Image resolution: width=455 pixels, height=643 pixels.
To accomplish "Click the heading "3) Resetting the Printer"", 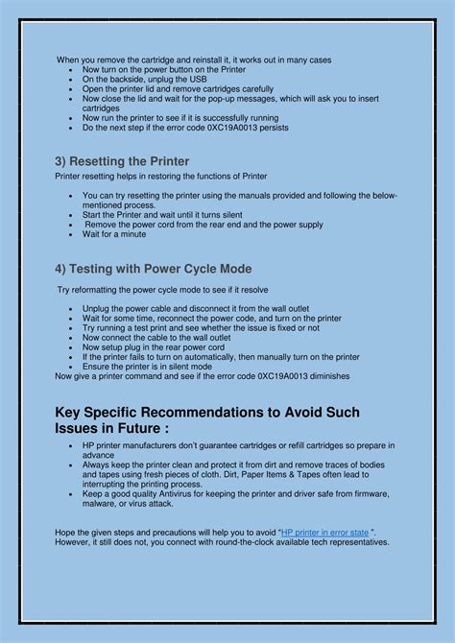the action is (x=122, y=161).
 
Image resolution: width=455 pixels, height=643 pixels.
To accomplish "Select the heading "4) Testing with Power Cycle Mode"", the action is (x=154, y=269).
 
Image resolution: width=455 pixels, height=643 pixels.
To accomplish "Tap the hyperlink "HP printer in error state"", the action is (x=325, y=531).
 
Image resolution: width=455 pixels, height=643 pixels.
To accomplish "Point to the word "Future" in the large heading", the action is (x=132, y=428).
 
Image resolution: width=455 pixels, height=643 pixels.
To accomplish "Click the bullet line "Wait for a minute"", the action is (x=113, y=234).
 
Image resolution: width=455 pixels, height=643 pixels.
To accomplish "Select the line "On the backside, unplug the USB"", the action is (x=145, y=80).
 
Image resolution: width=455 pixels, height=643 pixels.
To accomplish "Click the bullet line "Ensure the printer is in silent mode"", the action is (x=147, y=366).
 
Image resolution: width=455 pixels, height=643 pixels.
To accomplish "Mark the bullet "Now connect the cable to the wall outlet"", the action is (x=156, y=337).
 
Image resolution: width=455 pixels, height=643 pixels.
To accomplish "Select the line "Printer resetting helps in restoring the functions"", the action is (x=161, y=176).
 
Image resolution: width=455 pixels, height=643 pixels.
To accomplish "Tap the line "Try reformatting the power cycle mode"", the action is (x=162, y=289).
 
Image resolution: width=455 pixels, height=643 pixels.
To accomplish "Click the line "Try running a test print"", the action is (x=200, y=327).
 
